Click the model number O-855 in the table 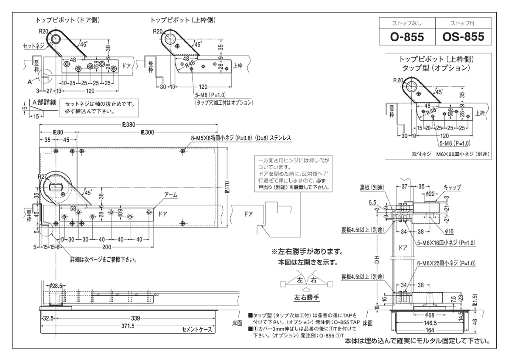[x=407, y=37]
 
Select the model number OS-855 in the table [x=463, y=37]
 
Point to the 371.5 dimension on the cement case [x=128, y=326]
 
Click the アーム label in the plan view [x=171, y=195]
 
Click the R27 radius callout [x=42, y=177]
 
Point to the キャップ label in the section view [x=452, y=187]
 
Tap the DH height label [x=377, y=258]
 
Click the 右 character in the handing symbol [x=314, y=280]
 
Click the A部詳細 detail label [x=44, y=102]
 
